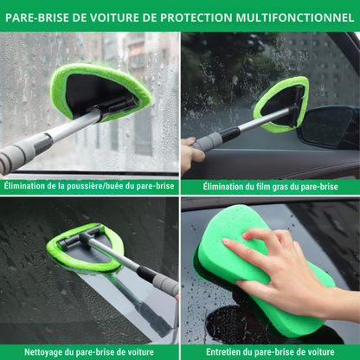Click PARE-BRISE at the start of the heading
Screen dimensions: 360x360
[x=37, y=16]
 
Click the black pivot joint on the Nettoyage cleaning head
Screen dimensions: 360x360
[x=87, y=236]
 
